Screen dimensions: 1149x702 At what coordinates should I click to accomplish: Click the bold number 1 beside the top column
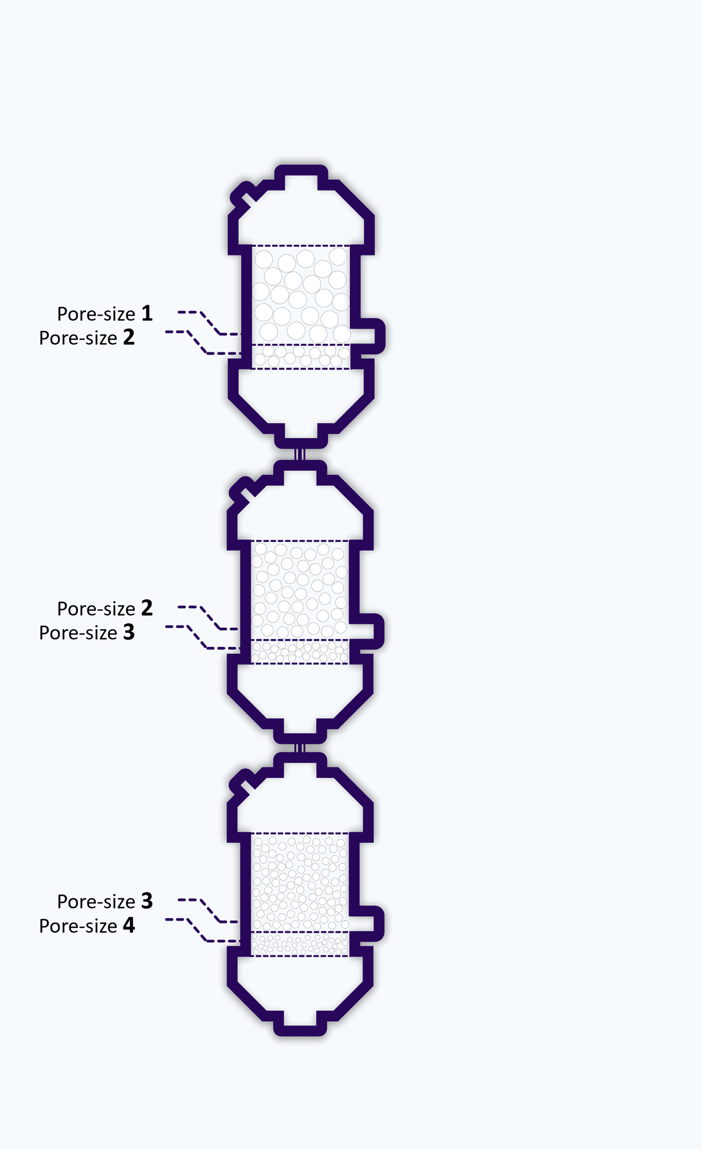[x=147, y=313]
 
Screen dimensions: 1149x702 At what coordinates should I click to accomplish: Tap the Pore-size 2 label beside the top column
[x=87, y=338]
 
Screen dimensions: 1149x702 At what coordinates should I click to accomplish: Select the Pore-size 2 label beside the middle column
[x=105, y=608]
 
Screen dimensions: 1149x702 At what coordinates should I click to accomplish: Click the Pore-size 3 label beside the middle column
[x=87, y=632]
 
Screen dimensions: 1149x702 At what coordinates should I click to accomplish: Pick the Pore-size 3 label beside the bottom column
[x=105, y=901]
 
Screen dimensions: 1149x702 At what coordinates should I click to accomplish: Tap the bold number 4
[x=129, y=925]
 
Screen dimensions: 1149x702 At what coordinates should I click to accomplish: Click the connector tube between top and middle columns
[x=300, y=454]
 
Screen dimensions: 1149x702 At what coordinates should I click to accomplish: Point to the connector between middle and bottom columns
[x=300, y=748]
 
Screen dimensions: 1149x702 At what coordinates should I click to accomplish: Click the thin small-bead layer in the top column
[x=301, y=357]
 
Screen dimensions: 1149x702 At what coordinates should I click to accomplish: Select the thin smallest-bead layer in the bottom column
[x=300, y=944]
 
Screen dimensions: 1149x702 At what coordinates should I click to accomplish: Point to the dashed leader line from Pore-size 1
[x=209, y=322]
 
